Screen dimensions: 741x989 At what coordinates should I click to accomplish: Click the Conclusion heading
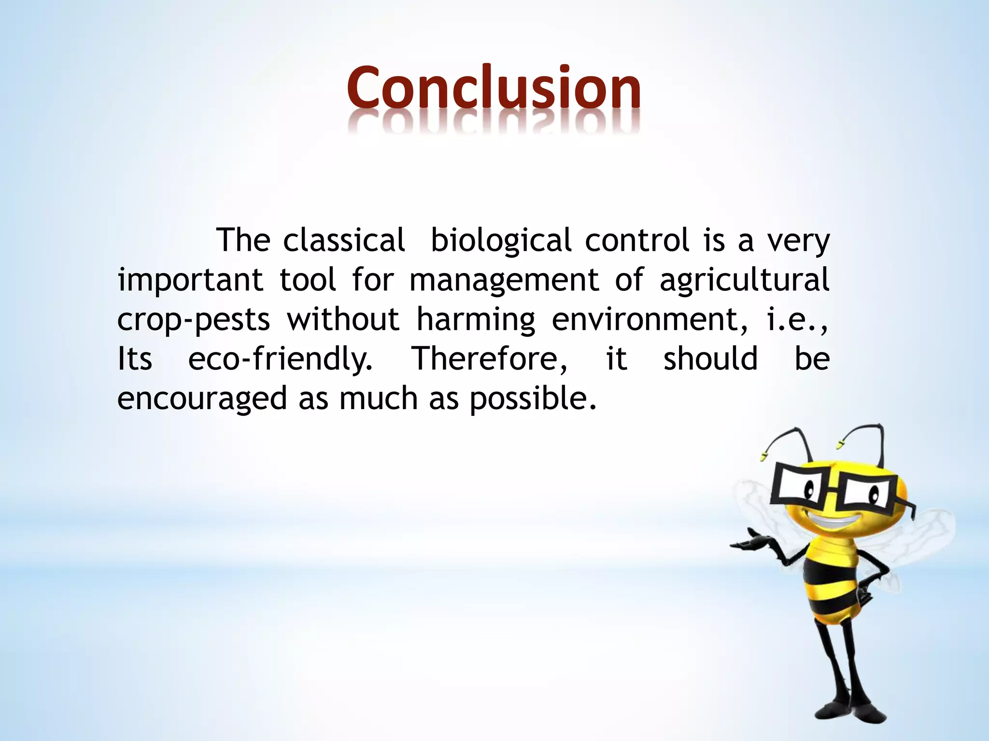494,88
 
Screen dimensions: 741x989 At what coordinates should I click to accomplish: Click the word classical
344,240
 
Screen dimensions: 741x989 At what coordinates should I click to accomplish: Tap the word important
190,280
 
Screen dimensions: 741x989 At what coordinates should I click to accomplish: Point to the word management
504,280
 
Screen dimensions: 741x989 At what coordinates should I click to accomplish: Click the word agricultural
744,280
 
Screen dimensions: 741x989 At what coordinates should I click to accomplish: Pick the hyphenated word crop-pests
193,319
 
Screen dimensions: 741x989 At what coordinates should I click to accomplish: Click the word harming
476,319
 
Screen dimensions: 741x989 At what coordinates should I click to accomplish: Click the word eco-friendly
280,359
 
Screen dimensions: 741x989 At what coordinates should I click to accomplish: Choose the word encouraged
202,398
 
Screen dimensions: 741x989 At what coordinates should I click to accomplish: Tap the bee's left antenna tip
764,454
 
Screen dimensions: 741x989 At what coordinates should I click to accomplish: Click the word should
710,359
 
